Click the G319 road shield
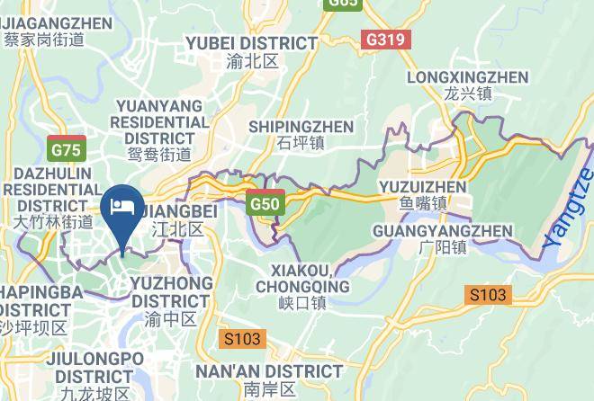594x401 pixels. (x=387, y=40)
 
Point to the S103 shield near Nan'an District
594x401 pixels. (x=242, y=339)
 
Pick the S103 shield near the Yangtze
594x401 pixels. (x=488, y=295)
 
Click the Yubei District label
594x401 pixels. (x=251, y=43)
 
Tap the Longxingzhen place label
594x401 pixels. (x=467, y=77)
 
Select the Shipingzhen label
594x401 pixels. (x=301, y=127)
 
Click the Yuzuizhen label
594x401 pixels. (x=426, y=187)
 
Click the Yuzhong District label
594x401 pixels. (x=172, y=292)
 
